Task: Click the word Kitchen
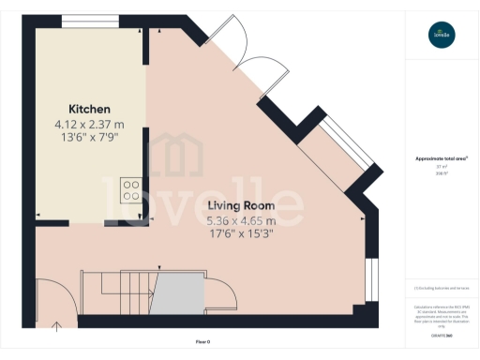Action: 89,109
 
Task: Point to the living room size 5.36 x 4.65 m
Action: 240,221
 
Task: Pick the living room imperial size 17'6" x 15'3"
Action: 240,234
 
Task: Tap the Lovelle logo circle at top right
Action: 441,36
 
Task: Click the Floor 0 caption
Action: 202,340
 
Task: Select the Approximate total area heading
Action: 441,159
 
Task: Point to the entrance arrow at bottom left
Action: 55,326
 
